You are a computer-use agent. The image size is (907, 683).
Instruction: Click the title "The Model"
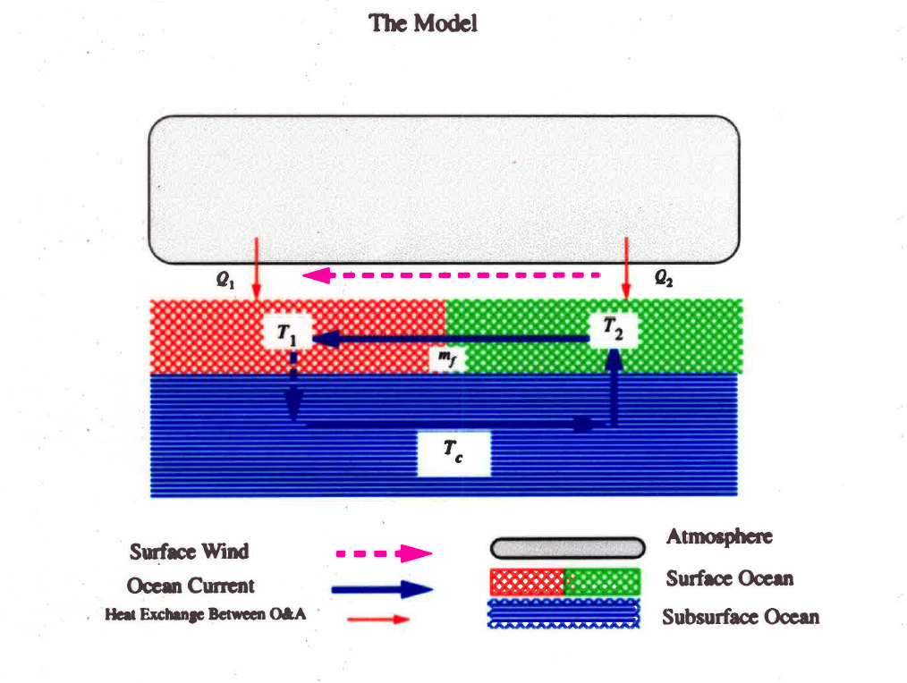coord(423,23)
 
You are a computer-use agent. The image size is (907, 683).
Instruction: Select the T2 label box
coord(613,329)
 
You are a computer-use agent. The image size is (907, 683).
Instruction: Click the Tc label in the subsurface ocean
coord(453,455)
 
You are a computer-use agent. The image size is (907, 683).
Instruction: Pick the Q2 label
coord(663,279)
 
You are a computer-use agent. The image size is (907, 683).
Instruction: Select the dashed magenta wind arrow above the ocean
coord(452,274)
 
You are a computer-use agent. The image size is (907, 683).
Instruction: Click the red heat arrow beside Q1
coord(257,268)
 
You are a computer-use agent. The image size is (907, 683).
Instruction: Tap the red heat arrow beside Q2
coord(626,268)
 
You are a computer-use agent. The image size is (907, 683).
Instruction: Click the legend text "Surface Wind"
coord(189,551)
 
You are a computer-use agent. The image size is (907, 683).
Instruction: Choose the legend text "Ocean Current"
coord(191,586)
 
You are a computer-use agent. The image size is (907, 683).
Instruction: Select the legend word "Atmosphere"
coord(718,537)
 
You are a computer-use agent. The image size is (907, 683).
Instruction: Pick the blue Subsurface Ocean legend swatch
coord(564,614)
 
